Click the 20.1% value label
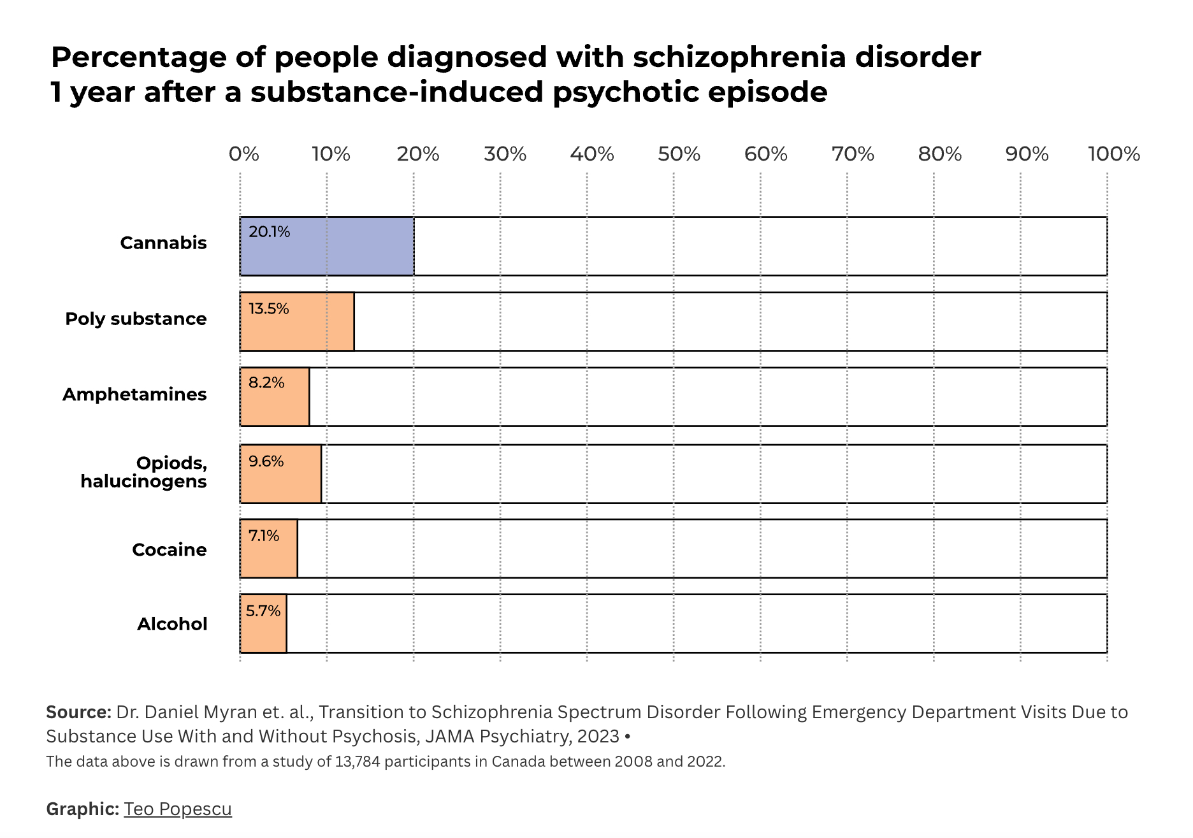pos(269,232)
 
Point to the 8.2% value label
pos(266,383)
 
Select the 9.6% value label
pos(266,461)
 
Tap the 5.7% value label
pos(263,611)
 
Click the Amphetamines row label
pos(134,394)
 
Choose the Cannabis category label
pos(163,243)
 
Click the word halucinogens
pos(143,481)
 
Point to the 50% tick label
pos(679,154)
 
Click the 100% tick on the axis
pos(1114,154)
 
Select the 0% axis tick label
pos(244,154)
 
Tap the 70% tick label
pos(853,154)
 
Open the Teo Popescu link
pos(178,809)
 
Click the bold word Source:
pos(78,712)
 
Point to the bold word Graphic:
pos(82,809)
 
